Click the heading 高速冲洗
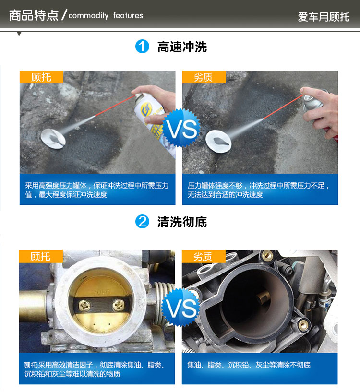(182, 47)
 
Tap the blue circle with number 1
(142, 47)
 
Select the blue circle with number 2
(142, 222)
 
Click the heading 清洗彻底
(182, 222)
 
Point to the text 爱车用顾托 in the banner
(324, 17)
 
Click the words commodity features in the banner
(106, 15)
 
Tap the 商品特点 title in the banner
(34, 15)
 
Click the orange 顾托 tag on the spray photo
(42, 77)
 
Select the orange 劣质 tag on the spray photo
(204, 77)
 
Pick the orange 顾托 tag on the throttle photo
(41, 257)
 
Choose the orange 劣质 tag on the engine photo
(204, 257)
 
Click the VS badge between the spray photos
(181, 129)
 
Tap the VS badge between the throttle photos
(181, 308)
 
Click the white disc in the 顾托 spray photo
(53, 139)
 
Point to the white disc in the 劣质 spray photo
(218, 141)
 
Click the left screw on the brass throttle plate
(85, 306)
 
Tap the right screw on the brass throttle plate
(118, 305)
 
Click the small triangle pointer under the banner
(19, 34)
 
